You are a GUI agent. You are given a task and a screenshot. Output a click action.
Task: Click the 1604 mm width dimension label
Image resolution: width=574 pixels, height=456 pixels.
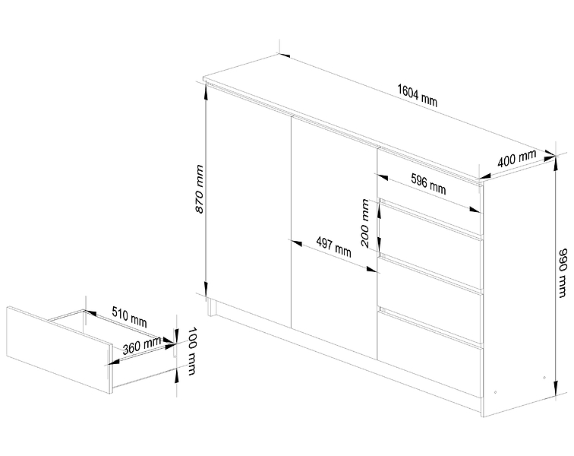418,96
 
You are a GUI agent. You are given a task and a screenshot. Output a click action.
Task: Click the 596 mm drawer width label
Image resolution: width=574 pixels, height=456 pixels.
427,183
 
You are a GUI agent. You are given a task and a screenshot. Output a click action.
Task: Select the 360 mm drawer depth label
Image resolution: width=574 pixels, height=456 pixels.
141,347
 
